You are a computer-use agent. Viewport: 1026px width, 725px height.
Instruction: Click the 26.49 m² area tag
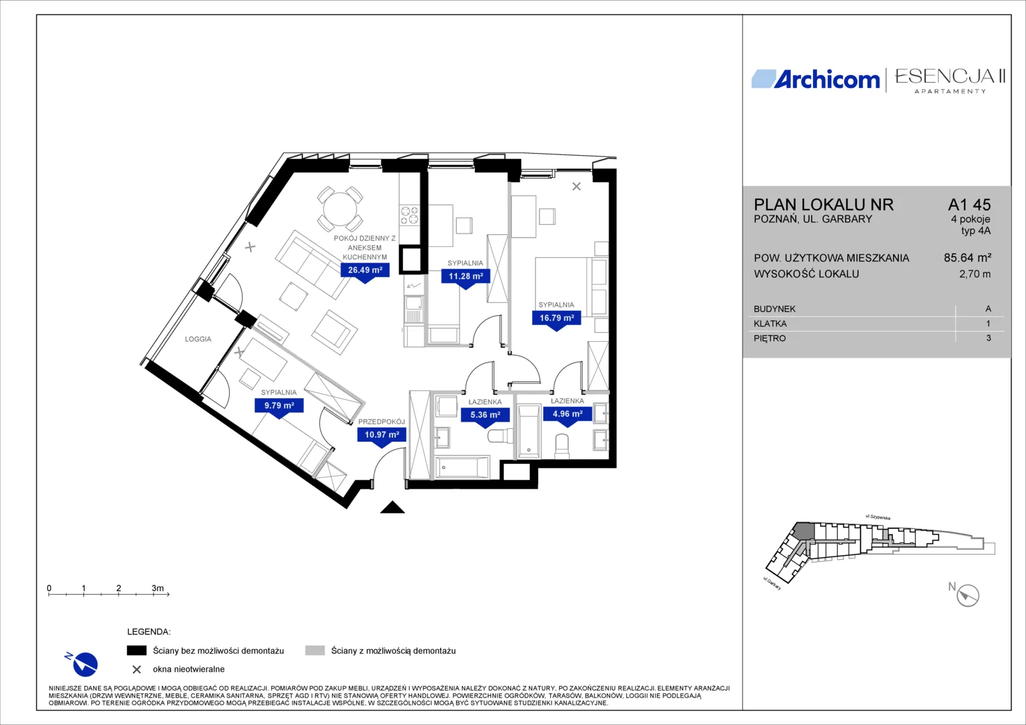coord(365,270)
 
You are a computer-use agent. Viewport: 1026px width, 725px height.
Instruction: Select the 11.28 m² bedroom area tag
coord(466,276)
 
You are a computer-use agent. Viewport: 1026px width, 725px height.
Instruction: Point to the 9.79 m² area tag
coord(279,405)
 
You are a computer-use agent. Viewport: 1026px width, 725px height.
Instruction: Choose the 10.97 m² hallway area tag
coord(382,434)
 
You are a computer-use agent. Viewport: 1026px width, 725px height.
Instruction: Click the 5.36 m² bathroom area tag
coord(486,415)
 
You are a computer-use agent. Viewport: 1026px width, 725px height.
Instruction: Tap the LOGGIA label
coord(198,339)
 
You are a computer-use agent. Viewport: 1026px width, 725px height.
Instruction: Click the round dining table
coord(340,209)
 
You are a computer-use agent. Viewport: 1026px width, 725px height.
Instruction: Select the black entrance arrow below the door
coord(392,507)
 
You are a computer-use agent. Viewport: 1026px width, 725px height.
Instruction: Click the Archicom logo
coord(816,80)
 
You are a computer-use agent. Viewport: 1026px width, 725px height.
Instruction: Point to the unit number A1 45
coord(969,205)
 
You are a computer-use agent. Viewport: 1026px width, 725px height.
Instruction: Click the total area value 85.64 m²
coord(968,258)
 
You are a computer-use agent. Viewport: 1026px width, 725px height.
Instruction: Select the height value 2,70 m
coord(975,274)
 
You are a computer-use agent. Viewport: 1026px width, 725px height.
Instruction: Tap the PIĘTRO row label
coord(769,338)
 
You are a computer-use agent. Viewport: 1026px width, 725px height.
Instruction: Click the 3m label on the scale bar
coord(158,588)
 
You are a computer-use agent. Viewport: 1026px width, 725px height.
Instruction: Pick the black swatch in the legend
coord(136,650)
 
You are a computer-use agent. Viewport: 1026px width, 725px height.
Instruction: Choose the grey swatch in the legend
coord(315,650)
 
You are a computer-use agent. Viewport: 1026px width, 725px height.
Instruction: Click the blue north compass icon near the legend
coord(83,664)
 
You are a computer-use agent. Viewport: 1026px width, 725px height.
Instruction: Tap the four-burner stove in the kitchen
coord(409,215)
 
